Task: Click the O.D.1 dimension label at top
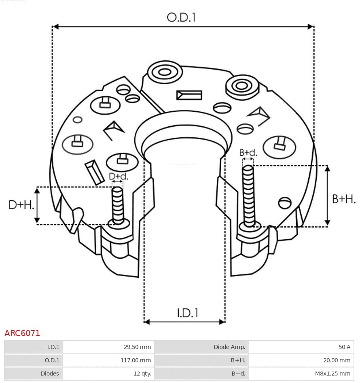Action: (x=181, y=17)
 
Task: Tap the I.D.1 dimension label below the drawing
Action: (x=187, y=313)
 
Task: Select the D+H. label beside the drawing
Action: (x=21, y=205)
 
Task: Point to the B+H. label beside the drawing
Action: (x=344, y=199)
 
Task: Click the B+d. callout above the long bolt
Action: (x=248, y=153)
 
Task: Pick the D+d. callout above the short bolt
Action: (x=119, y=176)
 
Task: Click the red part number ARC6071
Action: (x=22, y=333)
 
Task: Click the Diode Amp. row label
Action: (x=201, y=347)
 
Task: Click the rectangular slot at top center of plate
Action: (x=189, y=95)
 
